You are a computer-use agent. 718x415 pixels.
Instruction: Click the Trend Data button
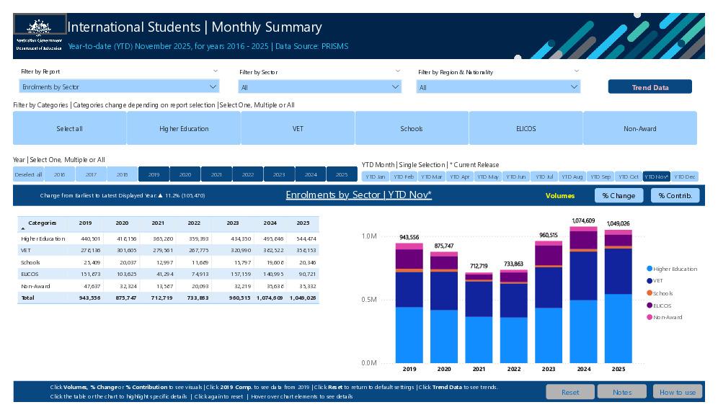click(650, 87)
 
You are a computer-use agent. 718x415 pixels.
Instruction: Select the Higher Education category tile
click(184, 128)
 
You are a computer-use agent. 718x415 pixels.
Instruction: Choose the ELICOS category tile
click(526, 128)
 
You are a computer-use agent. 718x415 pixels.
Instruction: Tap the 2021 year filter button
click(216, 174)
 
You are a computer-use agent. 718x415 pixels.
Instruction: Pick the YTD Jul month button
click(544, 177)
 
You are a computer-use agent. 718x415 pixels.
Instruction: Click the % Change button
click(619, 195)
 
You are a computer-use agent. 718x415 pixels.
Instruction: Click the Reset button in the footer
click(569, 392)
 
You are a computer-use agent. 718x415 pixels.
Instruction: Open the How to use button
click(677, 392)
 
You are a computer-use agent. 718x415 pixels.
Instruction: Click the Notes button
click(622, 392)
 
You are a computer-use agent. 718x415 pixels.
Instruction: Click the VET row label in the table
click(26, 250)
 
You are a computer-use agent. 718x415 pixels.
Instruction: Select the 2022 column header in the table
click(194, 223)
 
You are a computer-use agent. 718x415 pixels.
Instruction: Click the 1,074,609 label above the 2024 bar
click(583, 221)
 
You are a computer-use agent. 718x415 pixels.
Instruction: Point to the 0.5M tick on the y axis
click(368, 300)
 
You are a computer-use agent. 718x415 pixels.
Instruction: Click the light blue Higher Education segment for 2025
click(618, 328)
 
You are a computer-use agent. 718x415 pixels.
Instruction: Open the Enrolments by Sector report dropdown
click(119, 87)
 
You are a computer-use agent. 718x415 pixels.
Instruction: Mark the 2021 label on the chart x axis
click(479, 369)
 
